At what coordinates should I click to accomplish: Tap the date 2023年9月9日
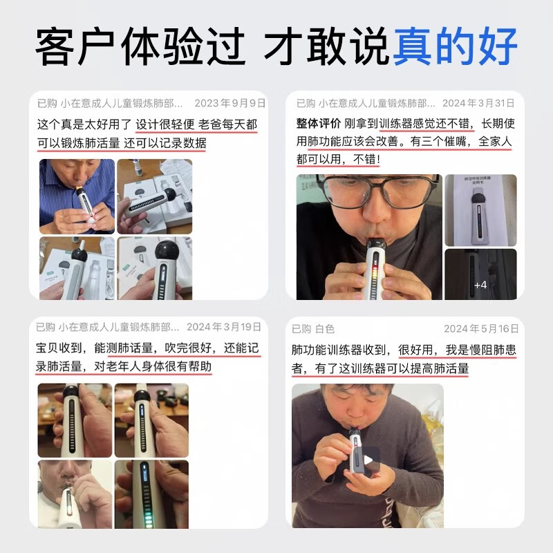click(229, 104)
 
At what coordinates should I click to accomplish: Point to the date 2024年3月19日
click(224, 327)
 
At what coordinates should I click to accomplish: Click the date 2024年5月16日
click(481, 328)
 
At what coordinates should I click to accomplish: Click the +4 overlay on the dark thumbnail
click(480, 284)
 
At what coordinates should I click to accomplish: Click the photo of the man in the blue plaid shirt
click(77, 196)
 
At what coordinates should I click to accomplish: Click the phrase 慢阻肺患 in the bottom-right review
click(491, 350)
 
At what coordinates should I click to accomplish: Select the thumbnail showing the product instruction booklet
click(480, 210)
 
